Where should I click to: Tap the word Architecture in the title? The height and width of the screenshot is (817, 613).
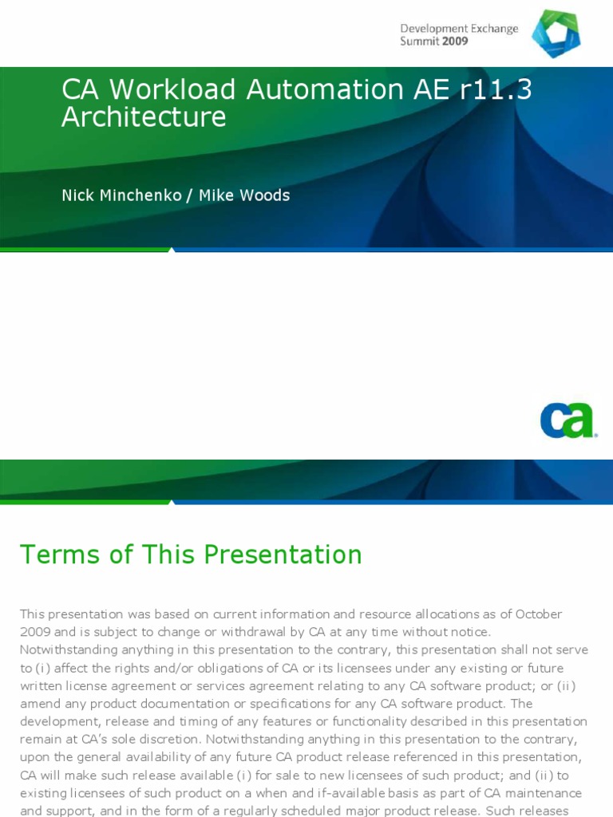pyautogui.click(x=144, y=117)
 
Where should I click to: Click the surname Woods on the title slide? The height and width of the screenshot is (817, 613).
pyautogui.click(x=267, y=195)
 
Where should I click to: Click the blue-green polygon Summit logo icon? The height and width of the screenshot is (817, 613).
pyautogui.click(x=556, y=34)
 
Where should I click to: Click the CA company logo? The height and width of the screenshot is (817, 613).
pyautogui.click(x=568, y=420)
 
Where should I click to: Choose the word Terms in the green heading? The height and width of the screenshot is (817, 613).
pyautogui.click(x=58, y=555)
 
